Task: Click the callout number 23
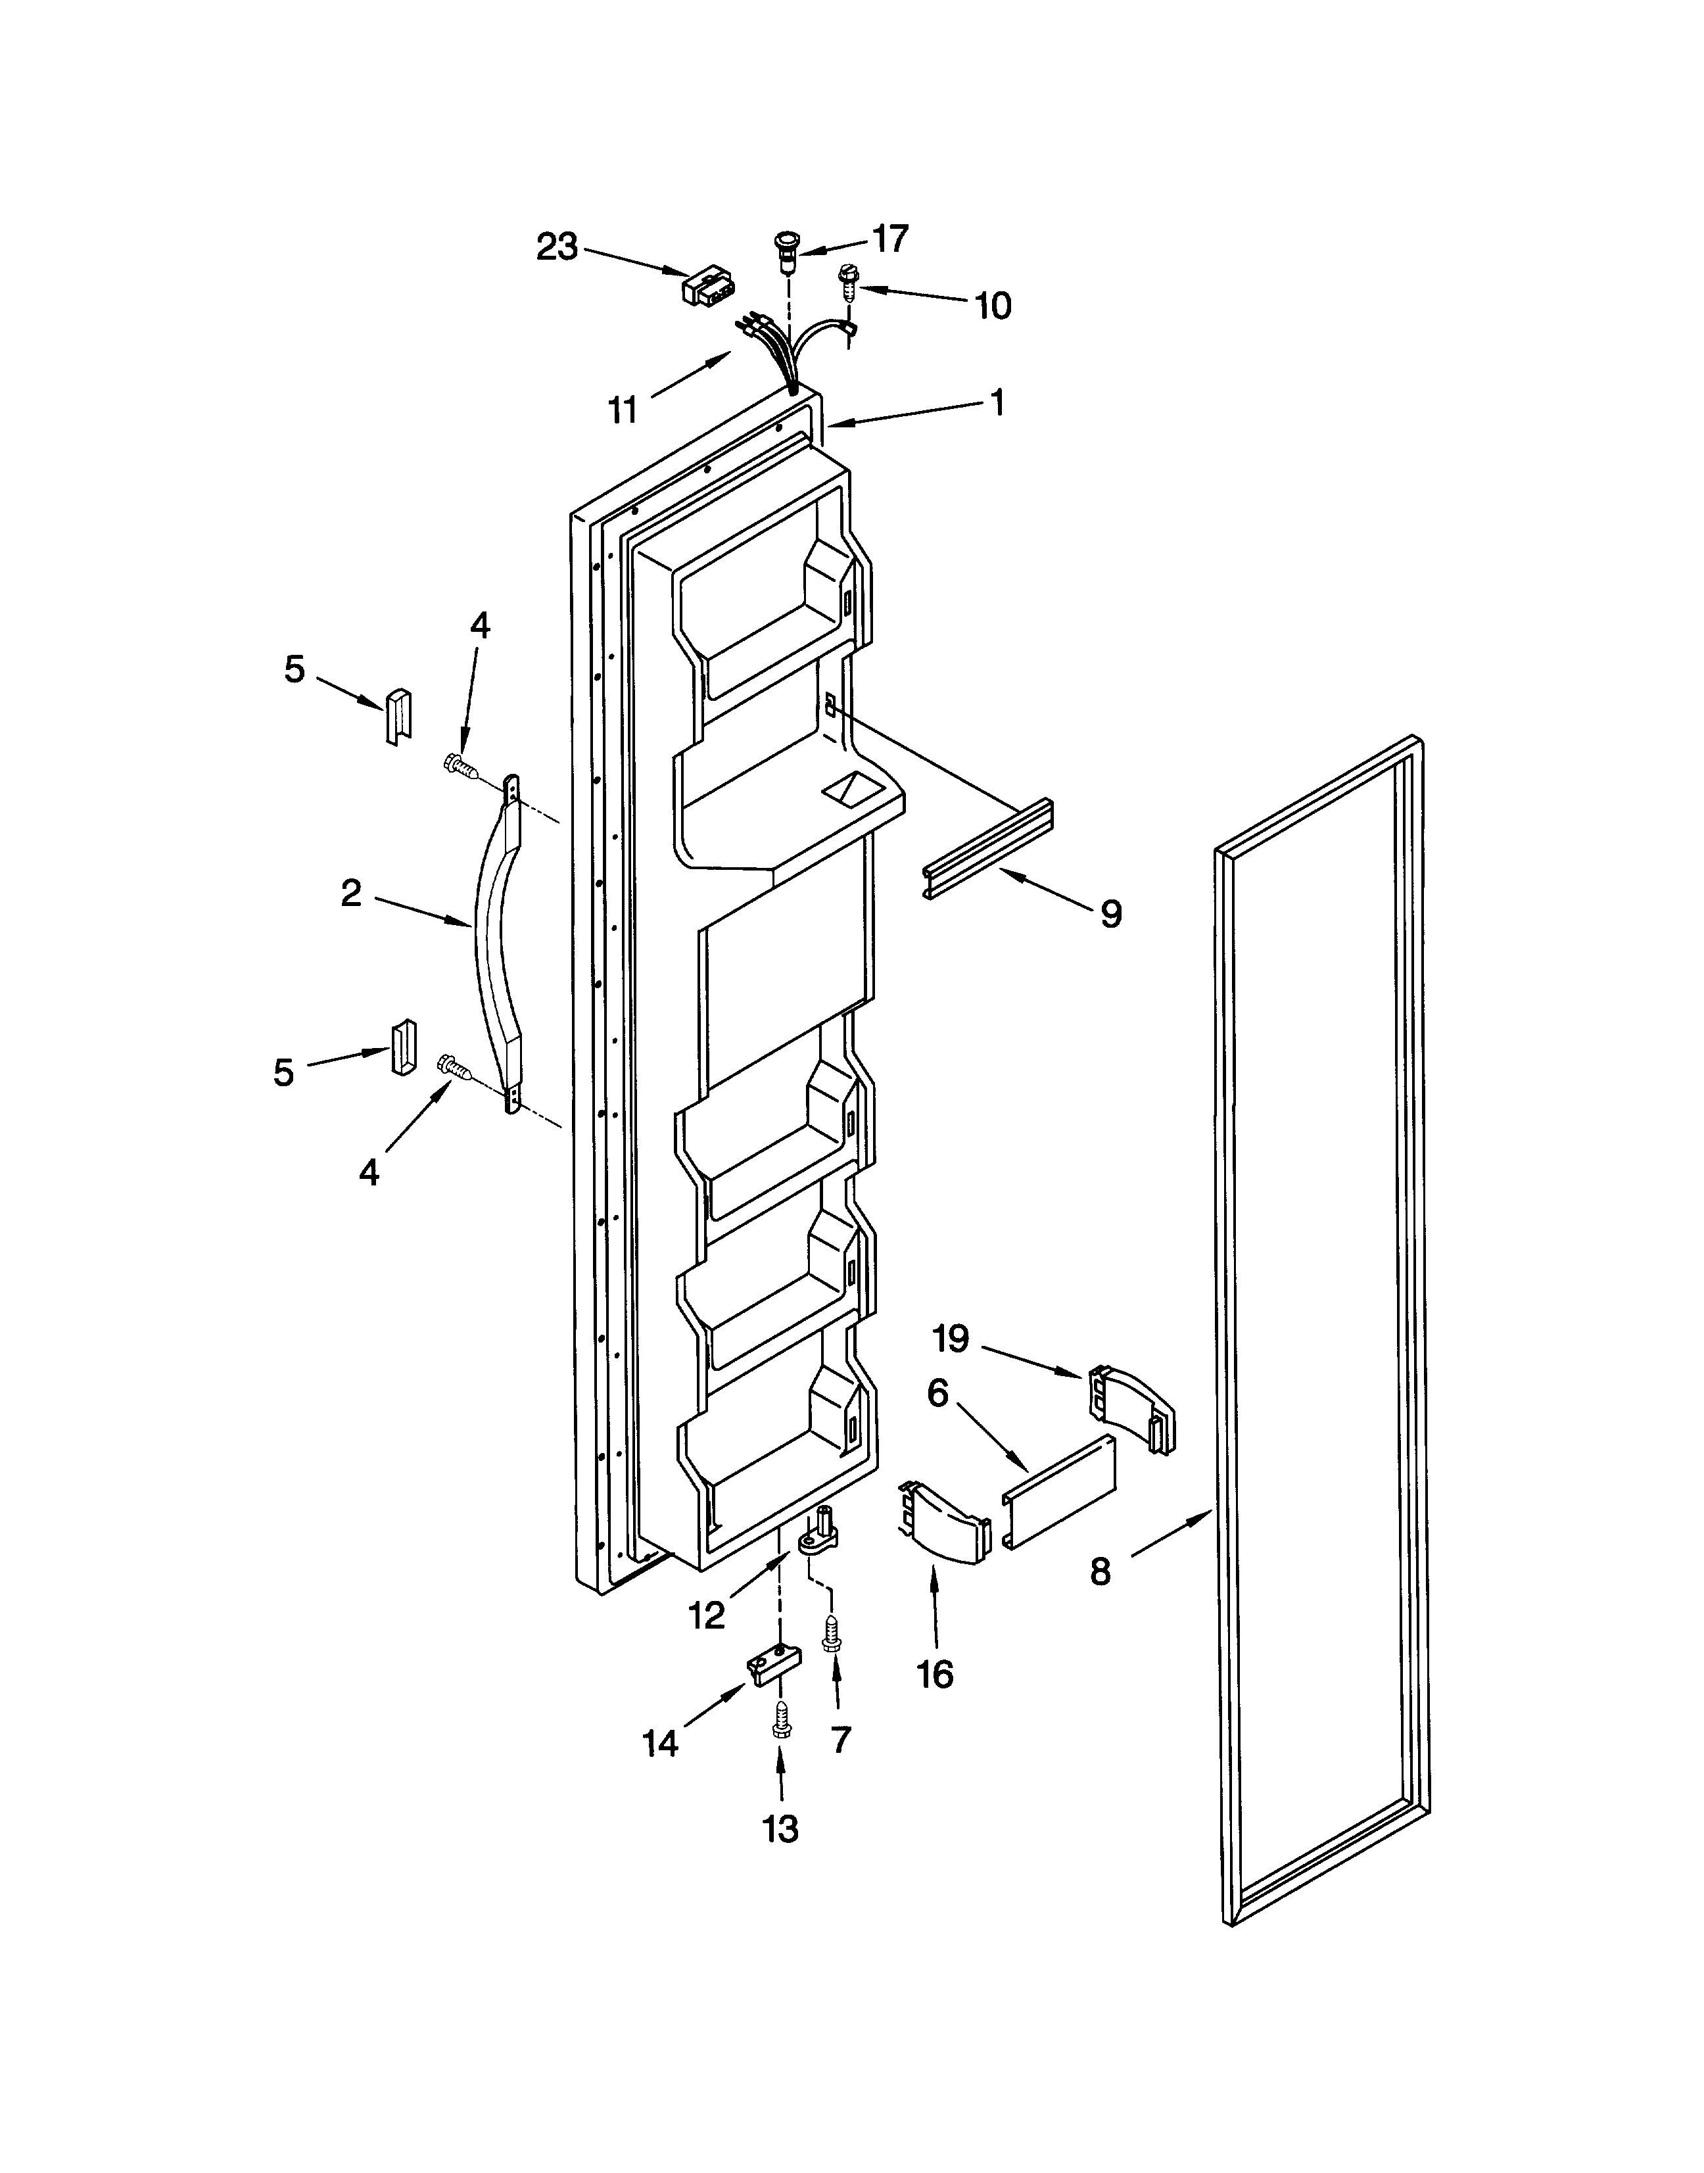557,247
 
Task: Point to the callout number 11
623,410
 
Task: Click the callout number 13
780,1828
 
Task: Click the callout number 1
996,402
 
